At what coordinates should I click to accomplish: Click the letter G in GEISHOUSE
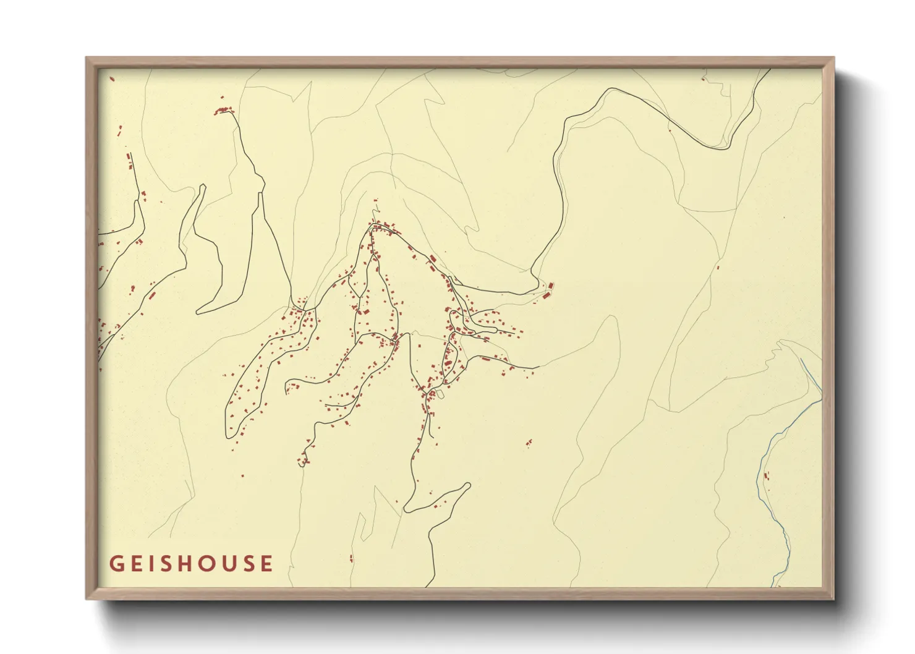(x=116, y=564)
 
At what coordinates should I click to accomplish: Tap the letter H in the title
(x=190, y=564)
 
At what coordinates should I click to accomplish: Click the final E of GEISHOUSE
(x=266, y=564)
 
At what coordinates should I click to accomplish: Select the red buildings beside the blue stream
(x=767, y=476)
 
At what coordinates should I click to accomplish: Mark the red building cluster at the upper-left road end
(x=224, y=111)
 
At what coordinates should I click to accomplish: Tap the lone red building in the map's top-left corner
(x=112, y=79)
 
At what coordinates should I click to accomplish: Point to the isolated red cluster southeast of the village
(x=529, y=443)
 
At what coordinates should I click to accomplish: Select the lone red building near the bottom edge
(x=351, y=559)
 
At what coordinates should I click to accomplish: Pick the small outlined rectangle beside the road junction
(x=441, y=394)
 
